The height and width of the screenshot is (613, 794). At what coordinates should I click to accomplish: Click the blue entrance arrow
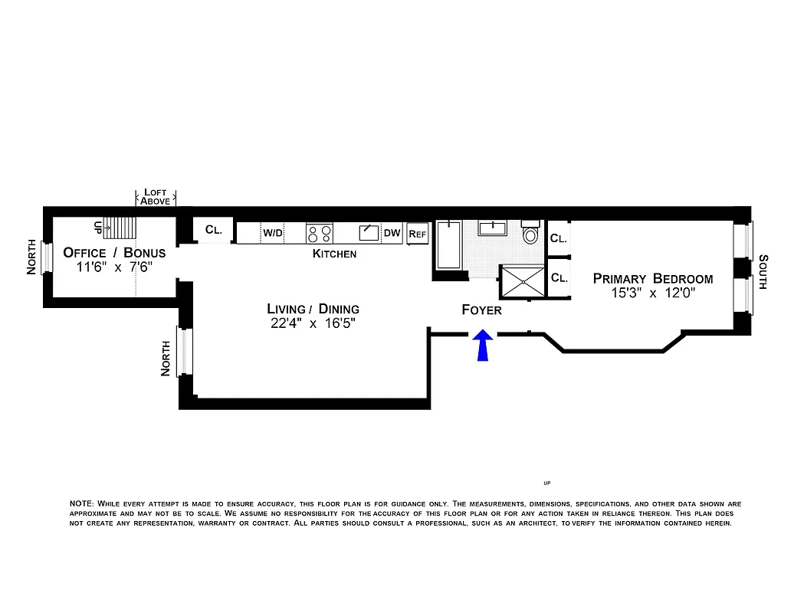(x=482, y=346)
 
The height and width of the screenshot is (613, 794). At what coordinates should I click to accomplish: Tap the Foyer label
(x=481, y=310)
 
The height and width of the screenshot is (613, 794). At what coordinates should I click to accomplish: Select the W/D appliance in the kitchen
(x=273, y=232)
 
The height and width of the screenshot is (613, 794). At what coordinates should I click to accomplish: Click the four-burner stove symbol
(x=320, y=232)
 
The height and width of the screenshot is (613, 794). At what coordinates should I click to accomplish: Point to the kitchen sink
(x=369, y=232)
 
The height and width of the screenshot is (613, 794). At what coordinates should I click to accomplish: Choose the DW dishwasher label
(x=392, y=233)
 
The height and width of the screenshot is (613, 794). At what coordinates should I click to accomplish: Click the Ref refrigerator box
(x=417, y=233)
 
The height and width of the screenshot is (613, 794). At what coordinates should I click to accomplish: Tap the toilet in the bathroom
(x=530, y=233)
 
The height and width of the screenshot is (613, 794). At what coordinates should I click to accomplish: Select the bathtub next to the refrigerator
(x=448, y=245)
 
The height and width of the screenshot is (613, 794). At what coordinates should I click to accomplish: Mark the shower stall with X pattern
(x=521, y=281)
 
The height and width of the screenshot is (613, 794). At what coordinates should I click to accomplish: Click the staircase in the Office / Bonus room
(x=120, y=228)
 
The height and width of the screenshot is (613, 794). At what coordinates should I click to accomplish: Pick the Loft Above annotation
(x=156, y=197)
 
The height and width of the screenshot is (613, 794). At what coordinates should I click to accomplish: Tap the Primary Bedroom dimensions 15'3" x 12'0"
(x=653, y=293)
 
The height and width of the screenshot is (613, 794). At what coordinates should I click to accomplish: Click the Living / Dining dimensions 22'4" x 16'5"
(x=313, y=323)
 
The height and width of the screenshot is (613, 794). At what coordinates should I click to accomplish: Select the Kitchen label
(x=334, y=254)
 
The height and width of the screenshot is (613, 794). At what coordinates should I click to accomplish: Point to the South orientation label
(x=763, y=272)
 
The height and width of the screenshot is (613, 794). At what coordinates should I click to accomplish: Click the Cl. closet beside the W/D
(x=213, y=230)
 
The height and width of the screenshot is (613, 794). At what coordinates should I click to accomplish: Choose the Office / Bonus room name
(x=114, y=253)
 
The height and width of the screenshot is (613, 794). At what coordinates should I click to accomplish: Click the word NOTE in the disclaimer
(x=81, y=503)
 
